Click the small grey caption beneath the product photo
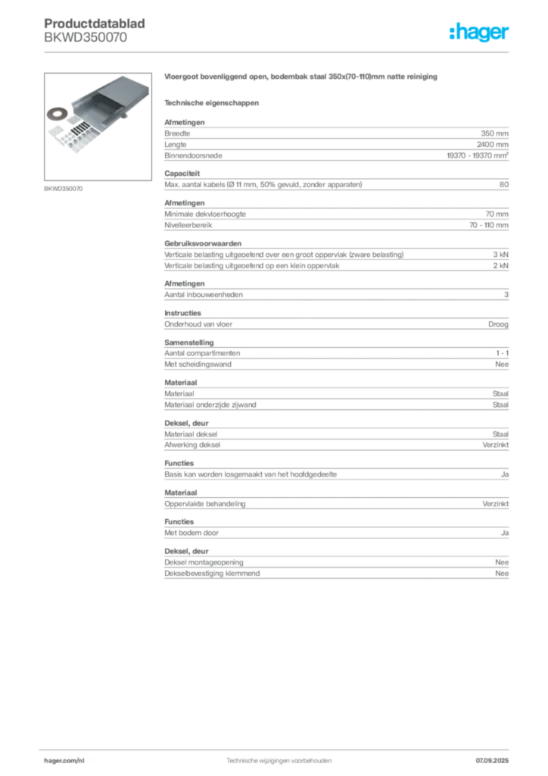click(x=63, y=187)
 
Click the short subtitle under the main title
click(x=212, y=102)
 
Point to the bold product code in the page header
click(x=97, y=22)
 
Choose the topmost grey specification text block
click(x=336, y=141)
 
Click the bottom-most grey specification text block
click(x=336, y=565)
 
